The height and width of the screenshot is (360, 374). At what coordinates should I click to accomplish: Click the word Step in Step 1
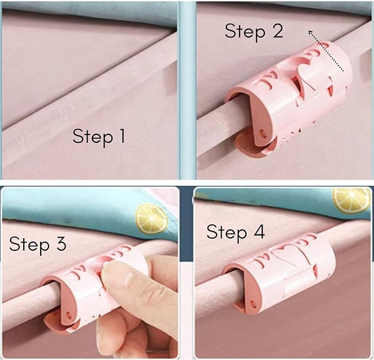[93, 137]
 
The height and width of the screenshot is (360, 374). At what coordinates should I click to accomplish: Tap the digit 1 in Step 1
[122, 136]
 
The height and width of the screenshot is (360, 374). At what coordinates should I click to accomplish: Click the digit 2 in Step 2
[278, 30]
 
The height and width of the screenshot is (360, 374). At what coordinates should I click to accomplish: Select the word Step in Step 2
[245, 33]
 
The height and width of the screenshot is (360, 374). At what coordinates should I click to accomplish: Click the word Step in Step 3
[29, 245]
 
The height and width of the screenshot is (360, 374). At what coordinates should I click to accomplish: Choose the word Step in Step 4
[227, 233]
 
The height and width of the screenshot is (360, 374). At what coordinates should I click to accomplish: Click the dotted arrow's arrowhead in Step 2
[311, 33]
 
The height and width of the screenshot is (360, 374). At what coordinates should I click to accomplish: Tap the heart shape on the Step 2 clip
[313, 73]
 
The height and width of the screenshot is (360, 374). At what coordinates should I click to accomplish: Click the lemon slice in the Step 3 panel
[151, 218]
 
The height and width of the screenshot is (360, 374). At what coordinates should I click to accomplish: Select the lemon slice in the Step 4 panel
[351, 200]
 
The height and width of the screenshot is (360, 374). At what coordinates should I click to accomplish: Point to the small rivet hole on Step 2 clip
[263, 132]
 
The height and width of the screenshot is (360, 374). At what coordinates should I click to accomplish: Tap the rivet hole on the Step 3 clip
[69, 314]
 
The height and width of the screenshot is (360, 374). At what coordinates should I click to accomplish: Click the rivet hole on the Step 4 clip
[253, 304]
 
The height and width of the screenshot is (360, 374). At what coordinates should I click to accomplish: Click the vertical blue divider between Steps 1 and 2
[187, 89]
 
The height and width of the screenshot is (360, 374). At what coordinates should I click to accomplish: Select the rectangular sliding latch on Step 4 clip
[298, 282]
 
